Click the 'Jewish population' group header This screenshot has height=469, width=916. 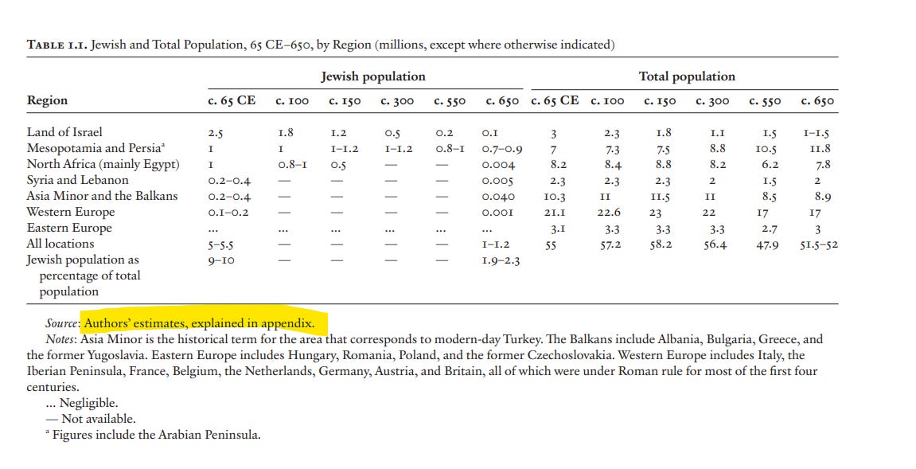(x=372, y=76)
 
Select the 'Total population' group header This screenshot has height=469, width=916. (x=687, y=76)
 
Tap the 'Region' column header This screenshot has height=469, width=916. (x=47, y=100)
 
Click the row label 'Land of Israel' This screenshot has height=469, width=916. (x=64, y=132)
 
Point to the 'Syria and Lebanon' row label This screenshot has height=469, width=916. (x=77, y=180)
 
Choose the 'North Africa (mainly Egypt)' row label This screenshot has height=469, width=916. (x=103, y=164)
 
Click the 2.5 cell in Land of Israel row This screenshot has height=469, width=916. (x=215, y=133)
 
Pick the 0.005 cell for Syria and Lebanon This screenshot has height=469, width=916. (x=498, y=181)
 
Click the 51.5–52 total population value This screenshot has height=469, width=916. (x=818, y=244)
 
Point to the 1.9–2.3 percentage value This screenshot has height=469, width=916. (x=501, y=260)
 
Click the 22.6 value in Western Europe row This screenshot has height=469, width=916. (x=610, y=213)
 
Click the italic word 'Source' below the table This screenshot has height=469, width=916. (x=62, y=324)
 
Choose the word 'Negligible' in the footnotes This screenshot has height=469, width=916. (x=88, y=403)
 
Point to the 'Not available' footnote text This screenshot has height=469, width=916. (x=98, y=419)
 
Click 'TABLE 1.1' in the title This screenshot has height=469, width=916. (x=57, y=45)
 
